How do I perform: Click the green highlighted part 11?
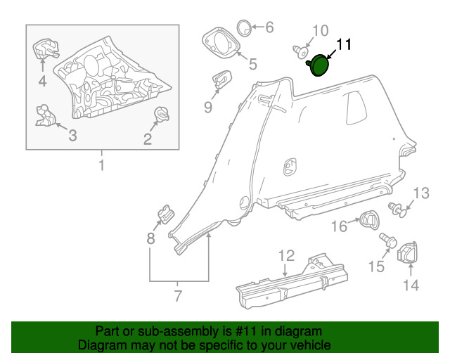point(319,65)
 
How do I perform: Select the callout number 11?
point(343,44)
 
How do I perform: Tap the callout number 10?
point(321,31)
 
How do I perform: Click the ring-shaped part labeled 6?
point(244,28)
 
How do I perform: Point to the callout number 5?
point(253,64)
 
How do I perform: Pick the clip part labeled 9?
point(221,79)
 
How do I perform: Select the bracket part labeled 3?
point(45,115)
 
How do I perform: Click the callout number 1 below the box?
point(101,165)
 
